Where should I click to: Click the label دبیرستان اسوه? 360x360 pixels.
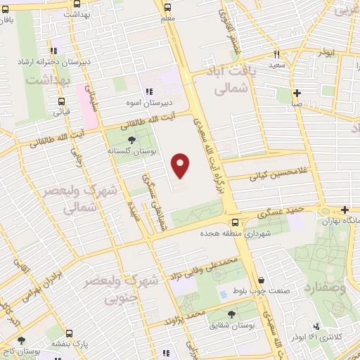pyautogui.click(x=150, y=103)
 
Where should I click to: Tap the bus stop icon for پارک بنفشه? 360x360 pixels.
pyautogui.click(x=68, y=335)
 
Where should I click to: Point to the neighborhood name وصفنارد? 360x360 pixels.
pyautogui.click(x=325, y=288)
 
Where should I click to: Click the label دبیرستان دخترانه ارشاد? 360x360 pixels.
pyautogui.click(x=54, y=61)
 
